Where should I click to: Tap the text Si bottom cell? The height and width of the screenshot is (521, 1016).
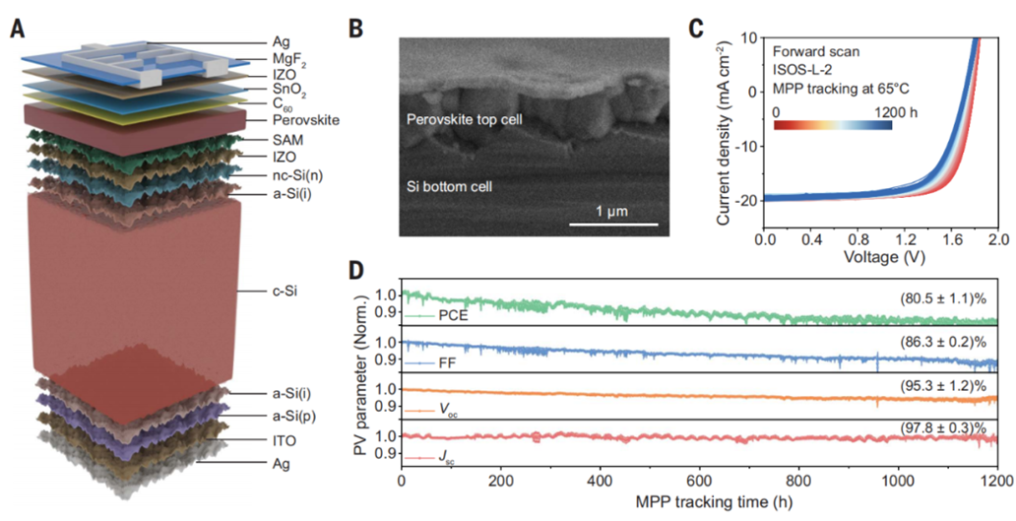(451, 184)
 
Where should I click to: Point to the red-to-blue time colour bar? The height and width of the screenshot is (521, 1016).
(833, 125)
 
